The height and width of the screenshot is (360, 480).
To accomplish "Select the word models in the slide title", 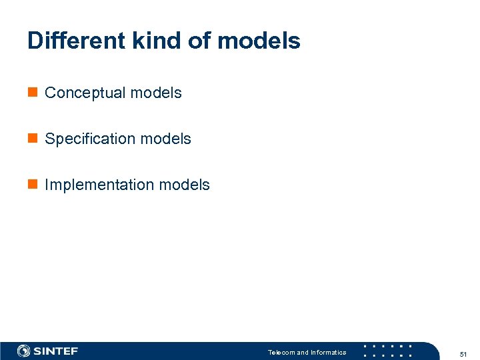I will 259,41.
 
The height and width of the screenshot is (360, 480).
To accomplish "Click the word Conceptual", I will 85,93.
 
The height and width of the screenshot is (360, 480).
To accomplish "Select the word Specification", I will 89,139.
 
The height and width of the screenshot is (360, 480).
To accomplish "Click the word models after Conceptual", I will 156,93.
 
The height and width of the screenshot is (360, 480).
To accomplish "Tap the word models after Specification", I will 165,139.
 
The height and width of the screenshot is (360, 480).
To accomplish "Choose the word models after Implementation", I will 184,185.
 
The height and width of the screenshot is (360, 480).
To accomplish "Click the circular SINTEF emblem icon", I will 24,351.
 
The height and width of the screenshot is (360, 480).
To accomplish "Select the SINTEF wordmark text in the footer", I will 56,351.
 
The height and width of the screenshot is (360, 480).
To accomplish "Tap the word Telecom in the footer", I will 281,353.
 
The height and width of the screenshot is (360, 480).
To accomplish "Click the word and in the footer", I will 303,353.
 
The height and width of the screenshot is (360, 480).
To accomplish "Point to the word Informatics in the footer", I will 329,353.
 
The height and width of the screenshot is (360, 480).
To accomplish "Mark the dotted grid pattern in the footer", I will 387,351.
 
